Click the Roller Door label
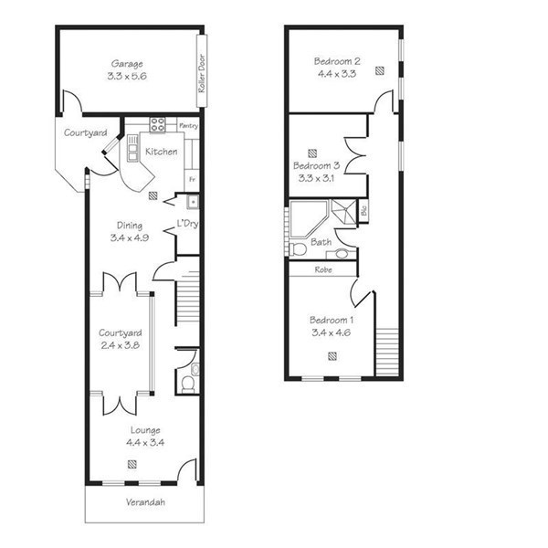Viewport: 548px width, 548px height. (202, 73)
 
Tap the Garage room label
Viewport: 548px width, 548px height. (127, 64)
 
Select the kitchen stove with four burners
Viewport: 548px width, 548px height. (158, 125)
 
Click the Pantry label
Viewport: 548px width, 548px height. (188, 125)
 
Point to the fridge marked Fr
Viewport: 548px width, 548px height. (192, 180)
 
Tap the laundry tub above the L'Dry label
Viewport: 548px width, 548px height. (193, 202)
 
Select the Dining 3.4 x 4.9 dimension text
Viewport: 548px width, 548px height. (130, 238)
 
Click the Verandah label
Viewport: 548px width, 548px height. (145, 502)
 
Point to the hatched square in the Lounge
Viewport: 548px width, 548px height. (132, 465)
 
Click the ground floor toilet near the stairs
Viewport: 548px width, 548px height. (187, 384)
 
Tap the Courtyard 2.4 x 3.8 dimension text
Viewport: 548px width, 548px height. (121, 345)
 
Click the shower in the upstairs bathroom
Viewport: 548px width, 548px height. (344, 211)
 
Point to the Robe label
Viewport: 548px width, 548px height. (323, 269)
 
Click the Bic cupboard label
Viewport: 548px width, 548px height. (364, 210)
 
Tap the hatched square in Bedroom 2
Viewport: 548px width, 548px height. (380, 71)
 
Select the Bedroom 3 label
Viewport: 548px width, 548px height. (317, 165)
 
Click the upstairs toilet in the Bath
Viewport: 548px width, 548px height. (298, 249)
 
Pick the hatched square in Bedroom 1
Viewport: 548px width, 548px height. (332, 356)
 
